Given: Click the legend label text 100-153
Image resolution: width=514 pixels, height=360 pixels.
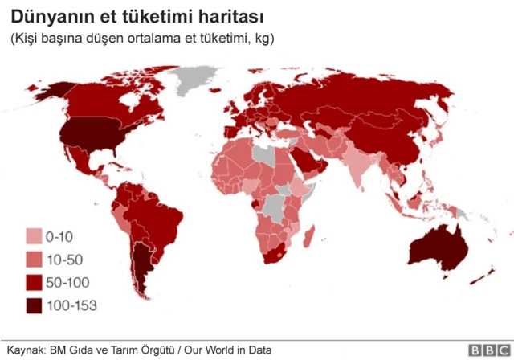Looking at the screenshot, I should coord(71,305).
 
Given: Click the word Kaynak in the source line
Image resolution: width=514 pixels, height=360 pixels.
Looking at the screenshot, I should coord(25,350).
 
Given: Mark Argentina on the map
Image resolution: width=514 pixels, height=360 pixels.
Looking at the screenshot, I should coord(144,269).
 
